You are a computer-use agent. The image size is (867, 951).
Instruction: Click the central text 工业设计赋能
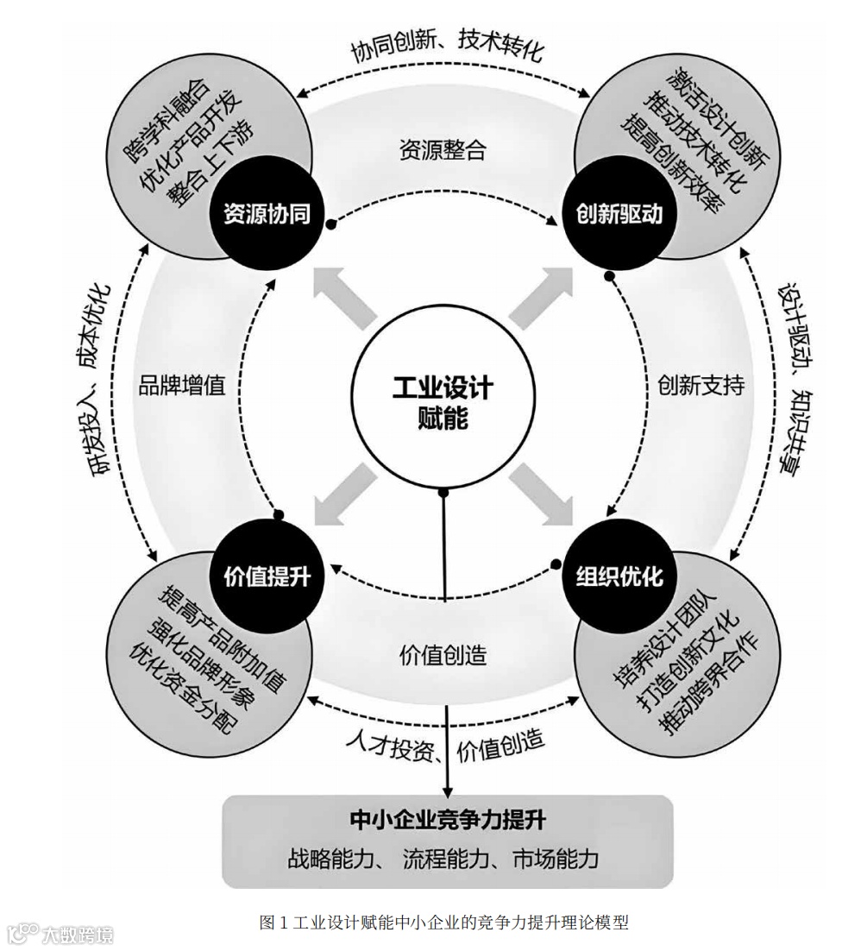click(442, 400)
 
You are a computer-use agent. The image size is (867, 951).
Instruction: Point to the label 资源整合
click(443, 150)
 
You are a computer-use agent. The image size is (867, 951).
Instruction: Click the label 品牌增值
click(182, 385)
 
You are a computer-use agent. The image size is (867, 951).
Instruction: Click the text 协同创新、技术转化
click(446, 49)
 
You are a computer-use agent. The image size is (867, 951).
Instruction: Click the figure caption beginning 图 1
click(443, 923)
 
